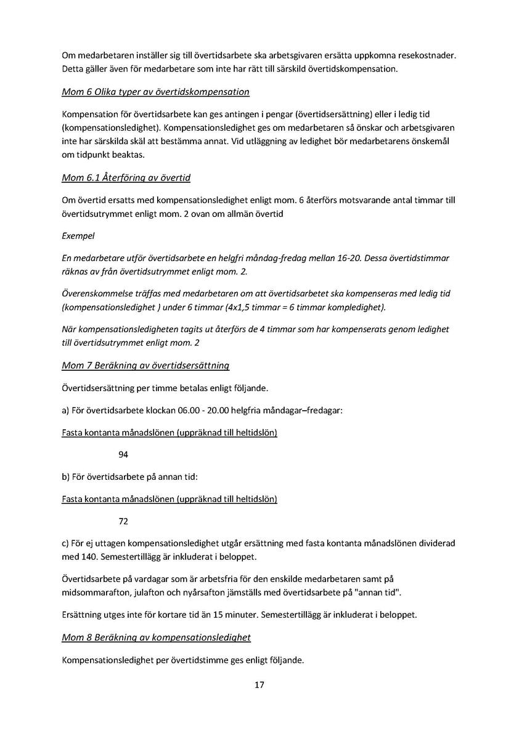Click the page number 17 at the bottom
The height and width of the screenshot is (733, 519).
pyautogui.click(x=259, y=685)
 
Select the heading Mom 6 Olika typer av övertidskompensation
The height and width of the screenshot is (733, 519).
pyautogui.click(x=155, y=92)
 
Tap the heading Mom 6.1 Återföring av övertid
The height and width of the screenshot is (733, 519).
pyautogui.click(x=126, y=178)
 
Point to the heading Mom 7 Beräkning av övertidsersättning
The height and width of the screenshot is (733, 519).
pyautogui.click(x=145, y=365)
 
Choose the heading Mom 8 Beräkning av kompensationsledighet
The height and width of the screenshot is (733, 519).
pyautogui.click(x=156, y=637)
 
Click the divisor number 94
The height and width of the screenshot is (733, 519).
pyautogui.click(x=123, y=456)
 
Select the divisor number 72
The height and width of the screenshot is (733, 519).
pyautogui.click(x=123, y=522)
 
